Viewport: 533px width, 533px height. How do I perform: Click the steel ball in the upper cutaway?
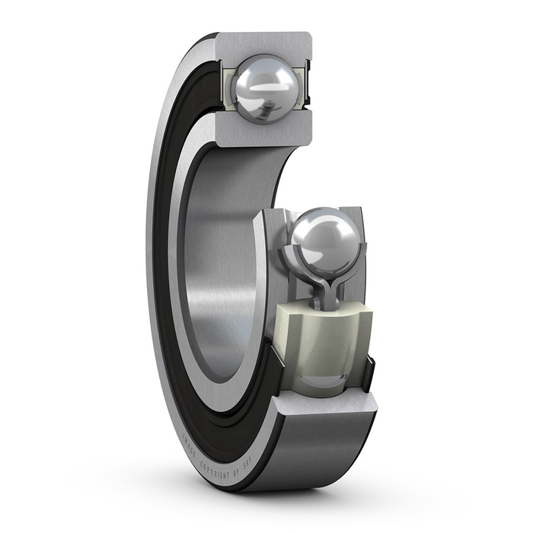tap(266, 90)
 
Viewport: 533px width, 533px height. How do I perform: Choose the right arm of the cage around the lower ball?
tap(354, 263)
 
